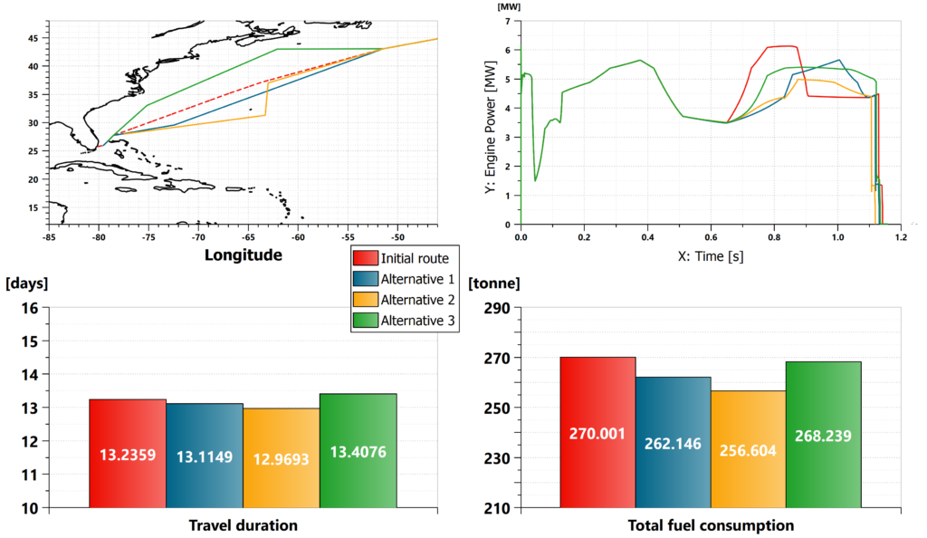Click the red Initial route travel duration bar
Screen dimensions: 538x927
coord(128,453)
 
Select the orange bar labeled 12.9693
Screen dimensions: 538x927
coord(282,457)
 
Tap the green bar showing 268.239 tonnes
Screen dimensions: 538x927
coord(823,435)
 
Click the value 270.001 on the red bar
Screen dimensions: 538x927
coord(597,434)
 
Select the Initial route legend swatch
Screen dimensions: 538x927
coord(364,258)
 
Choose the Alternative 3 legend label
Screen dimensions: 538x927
coord(418,321)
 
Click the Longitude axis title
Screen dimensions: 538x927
coord(243,255)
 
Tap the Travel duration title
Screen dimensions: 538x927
coord(243,525)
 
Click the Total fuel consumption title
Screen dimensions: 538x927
coord(711,525)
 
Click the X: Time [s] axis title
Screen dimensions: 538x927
coord(711,256)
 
